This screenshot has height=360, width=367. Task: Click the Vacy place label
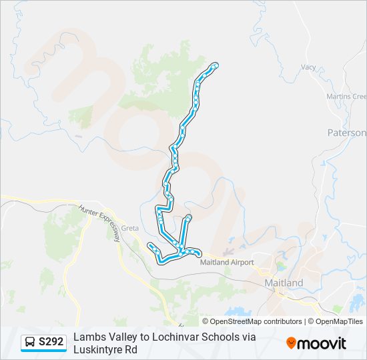coord(308,67)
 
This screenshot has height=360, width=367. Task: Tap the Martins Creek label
coord(346,97)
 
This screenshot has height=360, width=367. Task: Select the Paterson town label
coord(346,133)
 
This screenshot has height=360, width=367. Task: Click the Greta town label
coord(130,228)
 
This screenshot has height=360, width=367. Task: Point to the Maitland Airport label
coord(227,262)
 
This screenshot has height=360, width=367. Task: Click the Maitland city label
coord(284,283)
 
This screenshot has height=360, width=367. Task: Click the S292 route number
coord(51,342)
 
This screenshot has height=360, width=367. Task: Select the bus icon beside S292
coord(30,342)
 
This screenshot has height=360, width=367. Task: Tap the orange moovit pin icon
coord(291,343)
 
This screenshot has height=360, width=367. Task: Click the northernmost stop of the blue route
coord(216,65)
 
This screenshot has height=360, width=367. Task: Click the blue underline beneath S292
coord(43,351)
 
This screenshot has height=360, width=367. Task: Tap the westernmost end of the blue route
coord(149,245)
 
